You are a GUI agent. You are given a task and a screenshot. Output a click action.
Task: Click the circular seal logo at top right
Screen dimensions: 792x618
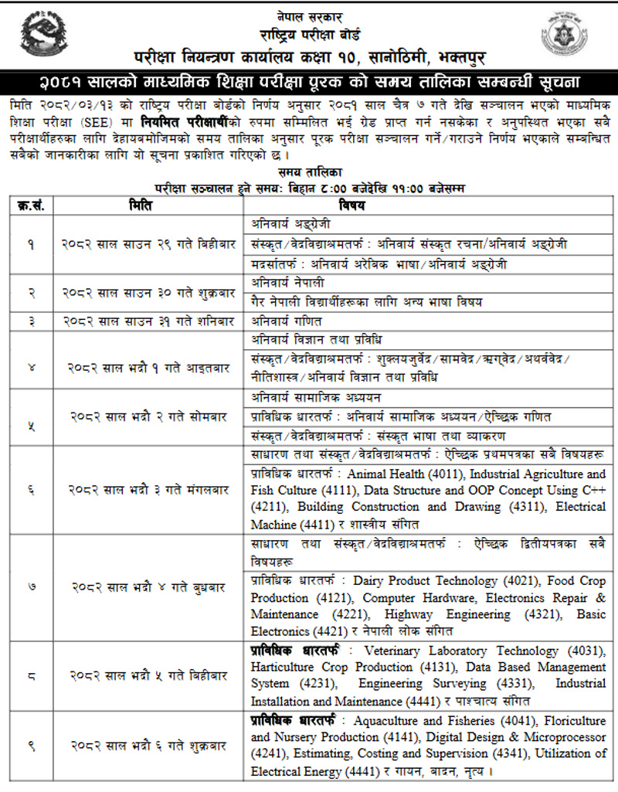571,36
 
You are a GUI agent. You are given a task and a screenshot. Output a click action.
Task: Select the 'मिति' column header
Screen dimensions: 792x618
144,206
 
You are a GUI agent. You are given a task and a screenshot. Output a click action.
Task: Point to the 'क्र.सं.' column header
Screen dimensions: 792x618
31,206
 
